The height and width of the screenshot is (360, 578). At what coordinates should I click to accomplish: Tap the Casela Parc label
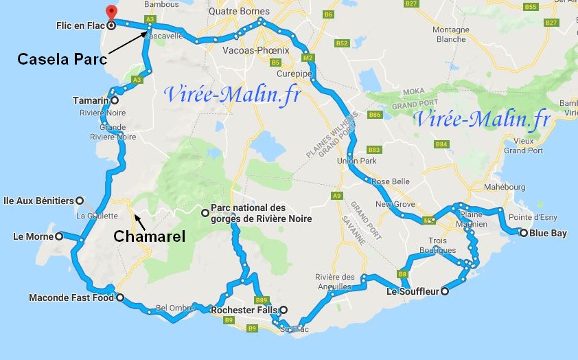pyautogui.click(x=62, y=59)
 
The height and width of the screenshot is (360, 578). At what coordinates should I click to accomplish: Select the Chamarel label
pyautogui.click(x=149, y=236)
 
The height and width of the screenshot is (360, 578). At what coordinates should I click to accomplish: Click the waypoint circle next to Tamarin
pyautogui.click(x=115, y=101)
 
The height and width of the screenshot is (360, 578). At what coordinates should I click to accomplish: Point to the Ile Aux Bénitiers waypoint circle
pyautogui.click(x=80, y=201)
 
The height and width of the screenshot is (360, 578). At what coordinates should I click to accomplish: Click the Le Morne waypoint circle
pyautogui.click(x=59, y=236)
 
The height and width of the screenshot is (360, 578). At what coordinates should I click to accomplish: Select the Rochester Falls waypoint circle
pyautogui.click(x=283, y=310)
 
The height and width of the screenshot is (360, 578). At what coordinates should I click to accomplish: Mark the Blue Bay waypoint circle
pyautogui.click(x=524, y=233)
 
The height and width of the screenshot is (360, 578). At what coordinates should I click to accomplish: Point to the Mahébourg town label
pyautogui.click(x=505, y=187)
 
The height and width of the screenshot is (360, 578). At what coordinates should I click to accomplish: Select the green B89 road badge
pyautogui.click(x=261, y=300)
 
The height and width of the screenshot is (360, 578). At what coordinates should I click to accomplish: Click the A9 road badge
pyautogui.click(x=336, y=196)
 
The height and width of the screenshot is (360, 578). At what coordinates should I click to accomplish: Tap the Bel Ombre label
pyautogui.click(x=171, y=307)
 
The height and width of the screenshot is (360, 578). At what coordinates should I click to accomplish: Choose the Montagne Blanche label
pyautogui.click(x=450, y=34)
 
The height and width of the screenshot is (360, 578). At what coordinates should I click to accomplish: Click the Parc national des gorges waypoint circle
pyautogui.click(x=205, y=213)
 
